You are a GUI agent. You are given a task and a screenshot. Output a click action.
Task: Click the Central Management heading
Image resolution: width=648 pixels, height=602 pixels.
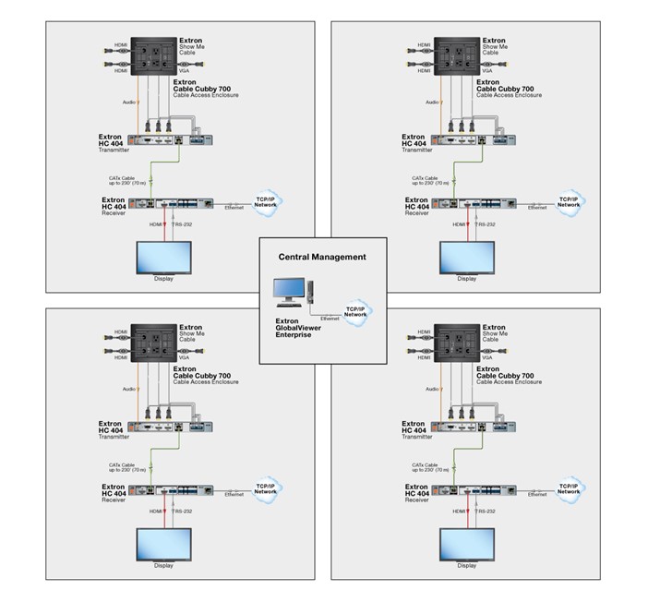[323, 257]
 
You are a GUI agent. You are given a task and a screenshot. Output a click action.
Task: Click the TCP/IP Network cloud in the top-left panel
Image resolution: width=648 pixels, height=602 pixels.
[266, 202]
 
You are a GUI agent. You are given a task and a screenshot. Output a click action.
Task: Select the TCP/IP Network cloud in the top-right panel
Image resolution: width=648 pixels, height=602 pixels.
[568, 202]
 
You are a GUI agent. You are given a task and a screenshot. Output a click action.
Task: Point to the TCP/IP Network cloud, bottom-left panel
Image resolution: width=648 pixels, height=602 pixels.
[266, 488]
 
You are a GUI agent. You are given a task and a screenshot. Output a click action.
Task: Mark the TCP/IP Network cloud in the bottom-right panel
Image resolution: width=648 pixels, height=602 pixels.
[568, 488]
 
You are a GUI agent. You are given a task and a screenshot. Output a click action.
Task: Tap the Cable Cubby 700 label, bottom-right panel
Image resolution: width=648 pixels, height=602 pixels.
[507, 376]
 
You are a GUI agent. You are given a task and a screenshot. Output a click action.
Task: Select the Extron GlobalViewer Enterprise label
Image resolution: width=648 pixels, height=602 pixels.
[298, 329]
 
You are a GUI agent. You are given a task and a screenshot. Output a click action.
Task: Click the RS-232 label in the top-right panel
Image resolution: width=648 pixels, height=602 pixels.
[486, 224]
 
